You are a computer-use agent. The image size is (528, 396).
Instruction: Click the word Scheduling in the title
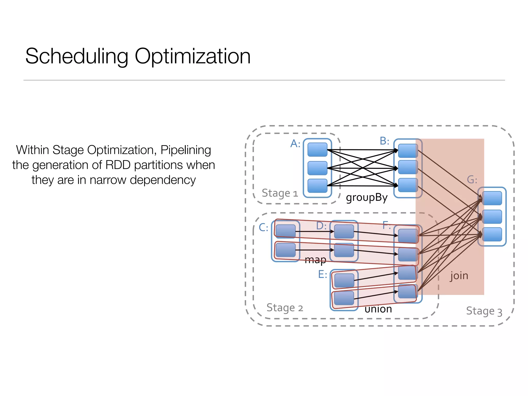click(77, 56)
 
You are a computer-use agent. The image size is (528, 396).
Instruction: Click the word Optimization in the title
click(192, 56)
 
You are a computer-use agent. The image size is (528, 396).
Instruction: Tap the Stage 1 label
click(280, 193)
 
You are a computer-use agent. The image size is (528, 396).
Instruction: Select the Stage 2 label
click(284, 308)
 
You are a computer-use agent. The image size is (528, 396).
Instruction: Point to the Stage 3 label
click(484, 311)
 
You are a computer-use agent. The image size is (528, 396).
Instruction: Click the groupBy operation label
click(367, 198)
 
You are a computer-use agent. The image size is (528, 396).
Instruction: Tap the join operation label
click(459, 276)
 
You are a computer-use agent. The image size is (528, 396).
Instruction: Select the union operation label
click(378, 309)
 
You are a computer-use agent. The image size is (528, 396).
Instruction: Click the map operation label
click(315, 260)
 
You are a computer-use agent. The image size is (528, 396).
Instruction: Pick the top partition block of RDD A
click(317, 150)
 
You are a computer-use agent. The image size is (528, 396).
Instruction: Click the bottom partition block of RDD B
click(408, 185)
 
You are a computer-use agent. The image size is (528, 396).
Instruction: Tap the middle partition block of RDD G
click(492, 217)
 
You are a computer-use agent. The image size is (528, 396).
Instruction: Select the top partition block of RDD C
click(285, 231)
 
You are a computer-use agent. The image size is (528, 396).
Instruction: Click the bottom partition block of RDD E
click(344, 298)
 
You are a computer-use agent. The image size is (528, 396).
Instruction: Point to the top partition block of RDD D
click(344, 231)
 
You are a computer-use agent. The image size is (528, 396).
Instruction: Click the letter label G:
click(472, 180)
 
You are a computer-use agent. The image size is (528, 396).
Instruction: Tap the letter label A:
click(295, 144)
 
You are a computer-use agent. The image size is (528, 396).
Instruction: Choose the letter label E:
click(323, 274)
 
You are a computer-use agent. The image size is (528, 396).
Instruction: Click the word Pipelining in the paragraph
click(186, 150)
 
